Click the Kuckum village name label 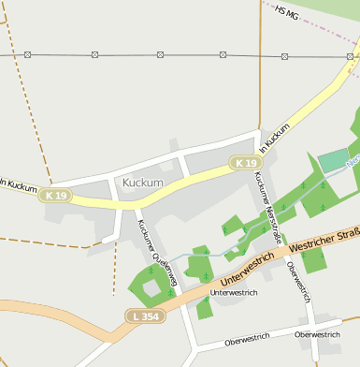pos(142,182)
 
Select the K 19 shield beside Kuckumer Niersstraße pos(246,163)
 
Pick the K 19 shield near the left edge pos(55,196)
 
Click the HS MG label pos(287,12)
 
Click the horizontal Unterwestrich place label pos(233,293)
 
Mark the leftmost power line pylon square pos(27,55)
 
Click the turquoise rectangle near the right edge pos(333,161)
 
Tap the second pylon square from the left pos(94,55)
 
